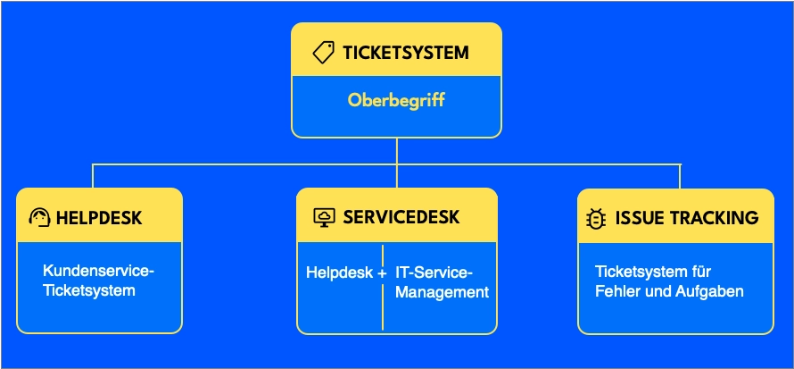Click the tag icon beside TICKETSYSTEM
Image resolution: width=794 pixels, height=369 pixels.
324,53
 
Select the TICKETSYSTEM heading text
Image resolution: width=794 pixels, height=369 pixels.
406,53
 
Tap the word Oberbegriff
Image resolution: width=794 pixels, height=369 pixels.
396,100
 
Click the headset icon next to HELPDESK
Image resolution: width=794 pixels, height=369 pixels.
39,217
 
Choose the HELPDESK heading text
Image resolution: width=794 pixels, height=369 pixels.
99,217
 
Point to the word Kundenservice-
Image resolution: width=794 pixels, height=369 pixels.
99,270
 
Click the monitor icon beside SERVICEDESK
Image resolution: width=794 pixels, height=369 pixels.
324,217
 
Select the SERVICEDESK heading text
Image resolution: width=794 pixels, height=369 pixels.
401,217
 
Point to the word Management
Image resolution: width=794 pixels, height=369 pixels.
442,291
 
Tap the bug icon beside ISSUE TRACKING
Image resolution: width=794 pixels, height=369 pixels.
596,217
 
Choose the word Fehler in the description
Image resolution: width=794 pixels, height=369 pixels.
615,291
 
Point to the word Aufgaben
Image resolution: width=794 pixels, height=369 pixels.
713,291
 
